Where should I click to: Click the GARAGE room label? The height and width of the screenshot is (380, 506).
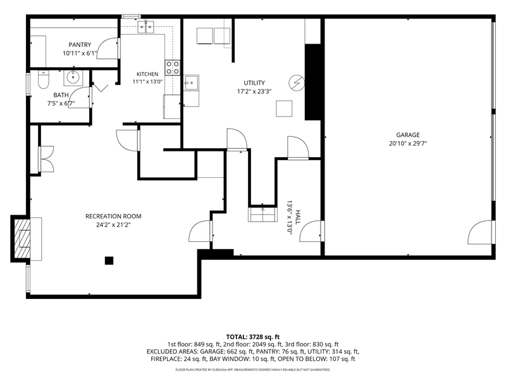[x=408, y=135]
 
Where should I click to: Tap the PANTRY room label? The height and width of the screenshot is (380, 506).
[x=80, y=45]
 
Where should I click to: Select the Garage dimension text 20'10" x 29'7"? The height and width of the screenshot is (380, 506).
[x=408, y=144]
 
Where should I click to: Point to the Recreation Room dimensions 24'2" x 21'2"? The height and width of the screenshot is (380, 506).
[x=113, y=225]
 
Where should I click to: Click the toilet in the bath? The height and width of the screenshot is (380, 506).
[x=43, y=80]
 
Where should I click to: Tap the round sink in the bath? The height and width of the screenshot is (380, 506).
[x=73, y=77]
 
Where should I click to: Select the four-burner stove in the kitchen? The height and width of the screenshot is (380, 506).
[x=173, y=68]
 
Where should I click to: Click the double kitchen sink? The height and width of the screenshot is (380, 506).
[x=146, y=27]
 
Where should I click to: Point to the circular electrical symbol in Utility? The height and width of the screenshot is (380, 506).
[x=296, y=84]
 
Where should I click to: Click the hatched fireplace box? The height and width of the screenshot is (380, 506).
[x=21, y=239]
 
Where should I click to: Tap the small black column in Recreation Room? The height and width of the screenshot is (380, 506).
[x=109, y=260]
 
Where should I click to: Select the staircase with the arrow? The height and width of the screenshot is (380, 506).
[x=262, y=215]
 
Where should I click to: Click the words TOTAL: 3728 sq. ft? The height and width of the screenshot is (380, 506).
[x=252, y=337]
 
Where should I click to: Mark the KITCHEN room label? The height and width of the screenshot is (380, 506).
[x=147, y=74]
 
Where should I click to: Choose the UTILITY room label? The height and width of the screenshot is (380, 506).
[x=254, y=83]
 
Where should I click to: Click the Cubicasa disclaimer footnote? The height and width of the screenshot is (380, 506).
[x=252, y=369]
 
